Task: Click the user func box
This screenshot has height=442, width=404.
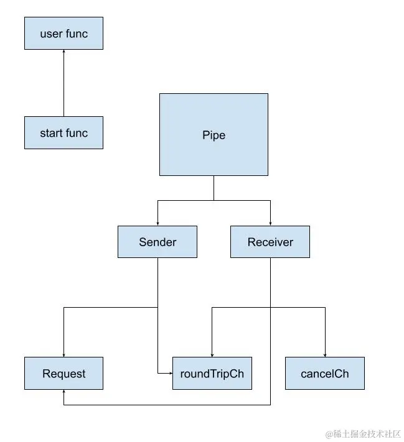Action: click(x=63, y=34)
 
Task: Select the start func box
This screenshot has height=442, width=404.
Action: click(x=63, y=132)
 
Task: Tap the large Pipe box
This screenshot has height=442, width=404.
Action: click(x=214, y=135)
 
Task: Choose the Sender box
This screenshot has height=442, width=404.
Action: click(x=157, y=242)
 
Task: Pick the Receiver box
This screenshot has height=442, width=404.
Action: click(x=270, y=242)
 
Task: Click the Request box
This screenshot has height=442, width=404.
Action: click(x=63, y=374)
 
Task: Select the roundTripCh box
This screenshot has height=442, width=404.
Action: click(x=212, y=374)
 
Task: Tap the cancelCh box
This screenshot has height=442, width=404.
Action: click(x=325, y=374)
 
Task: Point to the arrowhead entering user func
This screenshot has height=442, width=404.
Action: click(x=63, y=52)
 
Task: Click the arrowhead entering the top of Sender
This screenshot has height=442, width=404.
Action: click(x=157, y=223)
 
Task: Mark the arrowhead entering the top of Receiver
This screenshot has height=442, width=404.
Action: click(x=270, y=223)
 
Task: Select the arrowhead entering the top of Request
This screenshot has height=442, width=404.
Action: click(x=63, y=354)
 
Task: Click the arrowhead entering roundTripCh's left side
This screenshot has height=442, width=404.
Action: click(x=169, y=373)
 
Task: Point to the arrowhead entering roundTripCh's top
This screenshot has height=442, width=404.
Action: click(x=212, y=354)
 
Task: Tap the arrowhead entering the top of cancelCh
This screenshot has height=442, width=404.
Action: click(x=325, y=354)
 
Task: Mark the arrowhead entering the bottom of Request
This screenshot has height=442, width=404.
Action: click(x=63, y=393)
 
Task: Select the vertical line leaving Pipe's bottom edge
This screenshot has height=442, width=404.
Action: click(x=214, y=188)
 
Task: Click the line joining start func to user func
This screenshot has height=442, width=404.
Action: click(x=63, y=84)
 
